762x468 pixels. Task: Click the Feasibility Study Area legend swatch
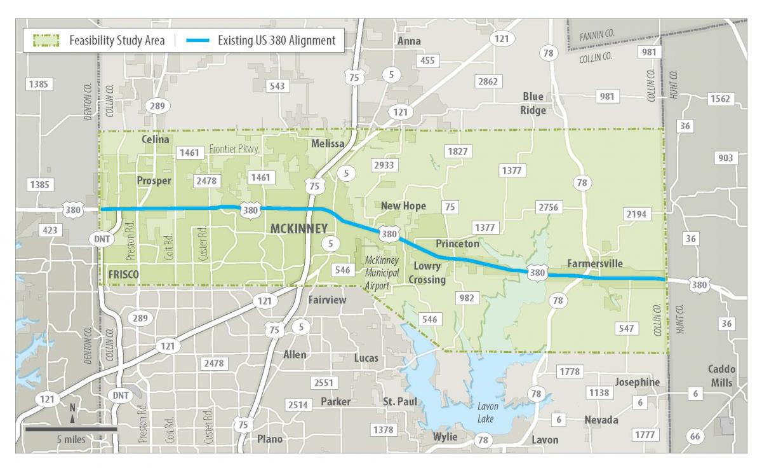[x=46, y=41]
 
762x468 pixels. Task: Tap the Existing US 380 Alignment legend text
[x=276, y=41]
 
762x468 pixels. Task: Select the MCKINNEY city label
[x=299, y=229]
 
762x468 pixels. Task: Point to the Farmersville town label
[x=595, y=264]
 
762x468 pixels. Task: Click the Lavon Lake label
[x=488, y=413]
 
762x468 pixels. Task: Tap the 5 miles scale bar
[x=71, y=429]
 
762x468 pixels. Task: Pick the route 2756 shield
[x=549, y=207]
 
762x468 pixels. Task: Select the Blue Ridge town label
[x=533, y=103]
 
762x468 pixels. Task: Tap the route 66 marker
[x=696, y=436]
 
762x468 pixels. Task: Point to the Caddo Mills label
[x=722, y=376]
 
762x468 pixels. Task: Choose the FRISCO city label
[x=124, y=274]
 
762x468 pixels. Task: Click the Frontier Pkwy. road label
[x=235, y=150]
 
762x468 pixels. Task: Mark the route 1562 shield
[x=720, y=99]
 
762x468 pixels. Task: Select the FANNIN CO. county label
[x=598, y=37]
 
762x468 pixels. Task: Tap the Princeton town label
[x=457, y=244]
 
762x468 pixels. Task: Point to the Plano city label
[x=269, y=439]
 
